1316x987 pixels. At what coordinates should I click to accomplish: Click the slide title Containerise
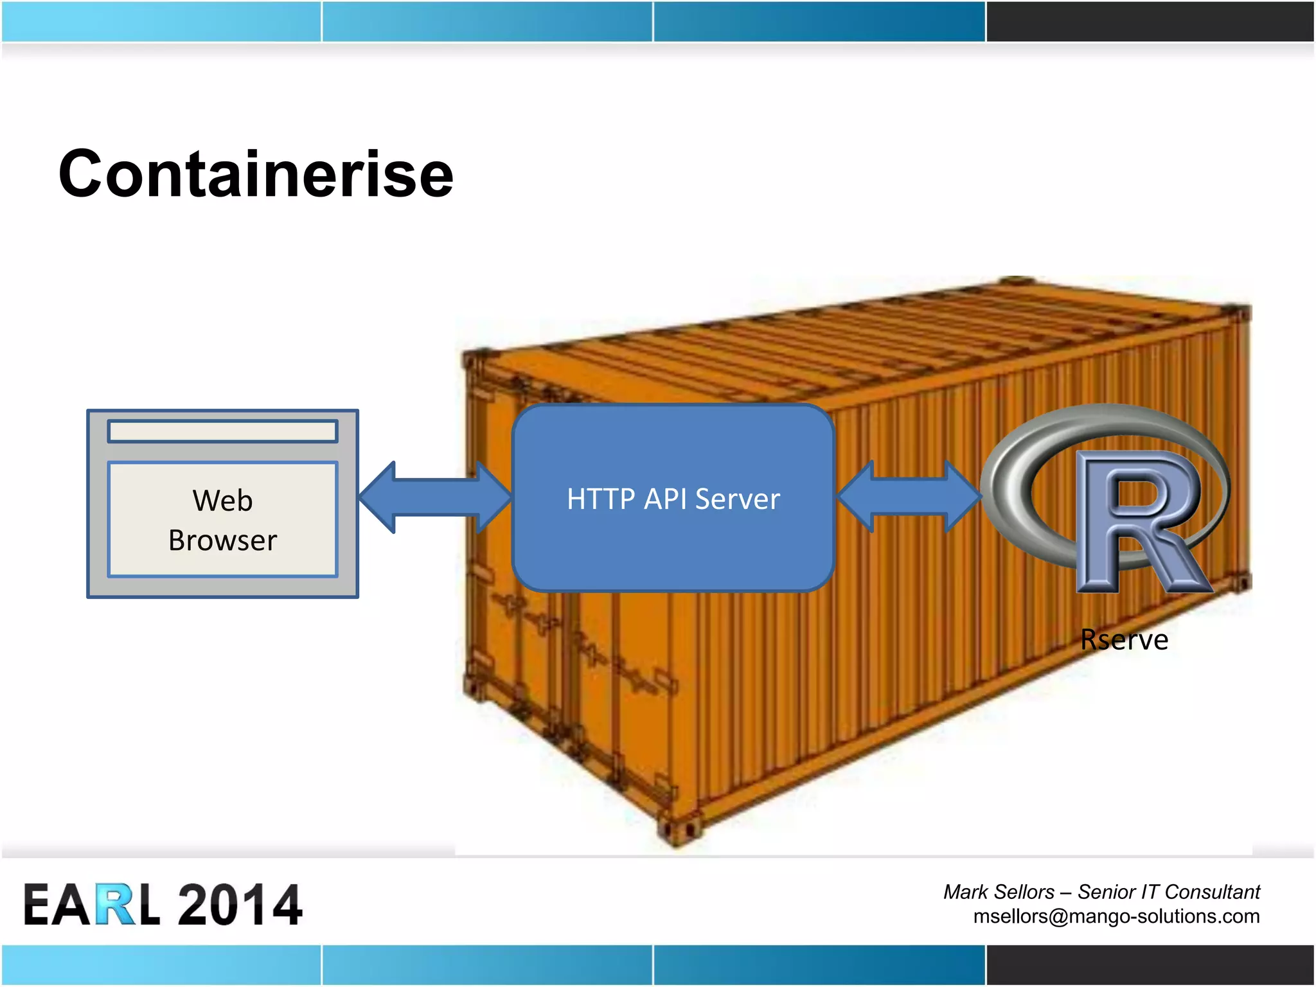[x=256, y=173]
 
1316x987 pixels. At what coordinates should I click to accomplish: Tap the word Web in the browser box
[x=222, y=501]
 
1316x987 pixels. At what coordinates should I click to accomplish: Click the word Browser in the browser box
[x=222, y=540]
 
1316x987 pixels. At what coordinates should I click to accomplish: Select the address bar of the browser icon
[x=222, y=431]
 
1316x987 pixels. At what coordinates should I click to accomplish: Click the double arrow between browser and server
[x=435, y=497]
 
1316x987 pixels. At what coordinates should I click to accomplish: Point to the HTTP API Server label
[x=673, y=499]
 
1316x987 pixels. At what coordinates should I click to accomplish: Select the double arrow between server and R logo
[x=909, y=496]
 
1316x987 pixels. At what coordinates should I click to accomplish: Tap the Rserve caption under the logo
[x=1124, y=640]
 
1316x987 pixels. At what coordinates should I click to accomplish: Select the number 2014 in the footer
[x=239, y=904]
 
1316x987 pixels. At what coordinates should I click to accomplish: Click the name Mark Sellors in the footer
[x=999, y=892]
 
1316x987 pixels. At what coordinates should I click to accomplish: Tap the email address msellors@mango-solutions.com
[x=1116, y=916]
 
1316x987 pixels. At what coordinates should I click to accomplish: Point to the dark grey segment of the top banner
[x=1150, y=21]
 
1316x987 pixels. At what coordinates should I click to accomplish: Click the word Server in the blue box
[x=737, y=499]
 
